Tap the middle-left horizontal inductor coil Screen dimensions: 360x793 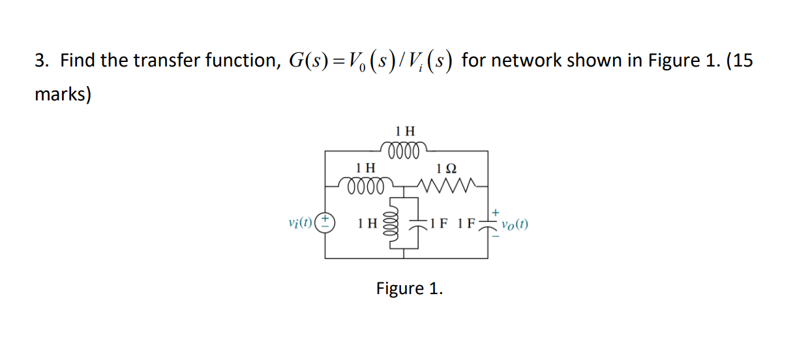click(x=369, y=185)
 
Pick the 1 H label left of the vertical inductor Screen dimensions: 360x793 click(x=367, y=224)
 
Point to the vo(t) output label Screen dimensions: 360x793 click(x=515, y=225)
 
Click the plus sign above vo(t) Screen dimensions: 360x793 click(x=496, y=212)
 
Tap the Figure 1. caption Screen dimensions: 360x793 click(x=409, y=288)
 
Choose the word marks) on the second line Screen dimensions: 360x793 click(x=63, y=95)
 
